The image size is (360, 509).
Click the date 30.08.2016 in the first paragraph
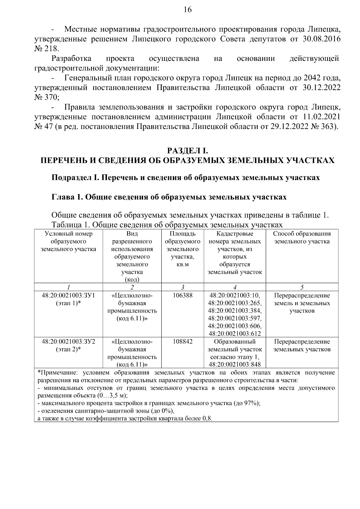[x=320, y=39]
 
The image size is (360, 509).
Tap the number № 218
[x=47, y=49]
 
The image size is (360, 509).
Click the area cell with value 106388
[x=182, y=295]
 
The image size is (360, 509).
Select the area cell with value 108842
[x=182, y=342]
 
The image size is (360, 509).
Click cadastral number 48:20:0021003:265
[x=235, y=303]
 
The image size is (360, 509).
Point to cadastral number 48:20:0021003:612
[x=235, y=334]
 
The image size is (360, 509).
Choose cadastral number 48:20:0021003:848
[x=235, y=365]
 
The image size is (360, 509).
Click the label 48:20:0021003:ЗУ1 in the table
[x=68, y=295]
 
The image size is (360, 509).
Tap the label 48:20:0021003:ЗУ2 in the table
[x=68, y=342]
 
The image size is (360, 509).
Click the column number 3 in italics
[x=182, y=287]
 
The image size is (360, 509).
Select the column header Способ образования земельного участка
[x=302, y=238]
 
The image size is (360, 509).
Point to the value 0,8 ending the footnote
[x=207, y=419]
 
